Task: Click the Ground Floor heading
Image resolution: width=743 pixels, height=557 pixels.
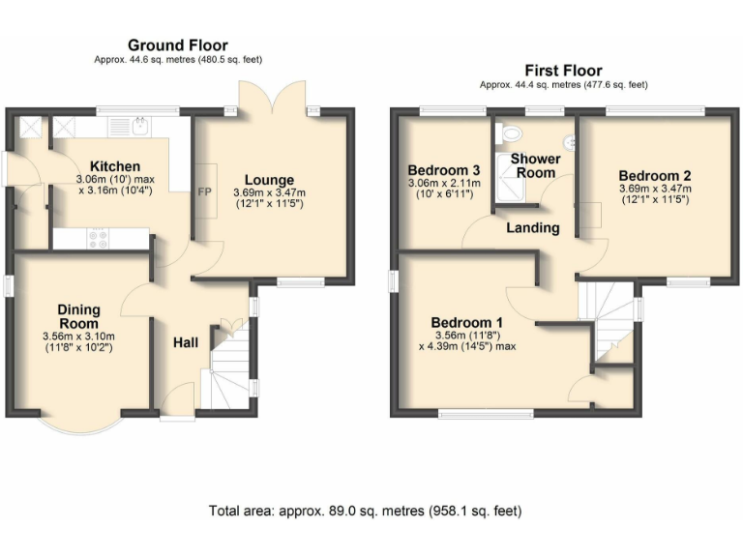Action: click(178, 44)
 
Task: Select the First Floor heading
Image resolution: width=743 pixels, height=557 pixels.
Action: click(563, 70)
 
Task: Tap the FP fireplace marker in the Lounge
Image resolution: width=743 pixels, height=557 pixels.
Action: click(205, 191)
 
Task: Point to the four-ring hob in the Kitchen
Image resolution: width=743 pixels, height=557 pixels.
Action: click(97, 236)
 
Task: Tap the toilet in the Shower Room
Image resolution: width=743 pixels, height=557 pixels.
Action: click(511, 134)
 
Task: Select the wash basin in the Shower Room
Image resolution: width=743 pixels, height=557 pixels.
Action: click(571, 143)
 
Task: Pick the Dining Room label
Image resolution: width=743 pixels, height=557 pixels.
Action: click(78, 316)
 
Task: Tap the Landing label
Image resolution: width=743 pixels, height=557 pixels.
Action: click(533, 228)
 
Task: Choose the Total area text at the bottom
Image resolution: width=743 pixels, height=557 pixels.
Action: click(371, 510)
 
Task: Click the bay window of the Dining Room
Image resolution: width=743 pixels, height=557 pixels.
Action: click(81, 422)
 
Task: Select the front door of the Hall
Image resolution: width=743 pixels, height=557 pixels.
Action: click(178, 401)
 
